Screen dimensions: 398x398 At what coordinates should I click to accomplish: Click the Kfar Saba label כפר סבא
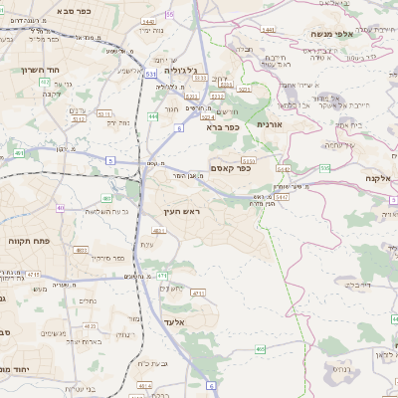click(50, 11)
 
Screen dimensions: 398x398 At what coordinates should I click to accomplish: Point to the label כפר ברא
click(225, 127)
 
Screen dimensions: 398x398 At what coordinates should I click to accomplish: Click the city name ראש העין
click(182, 212)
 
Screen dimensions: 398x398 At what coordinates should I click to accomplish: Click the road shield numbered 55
click(169, 14)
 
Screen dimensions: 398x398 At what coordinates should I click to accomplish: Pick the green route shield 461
click(20, 153)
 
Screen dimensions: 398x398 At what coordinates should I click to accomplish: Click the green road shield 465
click(260, 349)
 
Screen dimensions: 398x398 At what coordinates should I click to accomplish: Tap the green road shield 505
click(324, 168)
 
